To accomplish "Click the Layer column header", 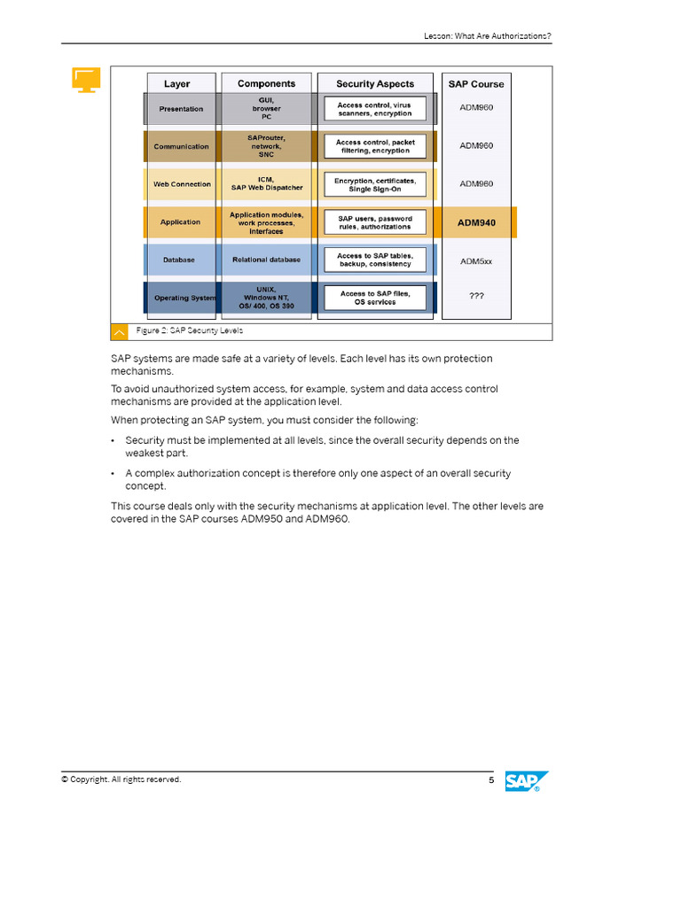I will click(x=177, y=84).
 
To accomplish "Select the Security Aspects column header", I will click(x=375, y=84).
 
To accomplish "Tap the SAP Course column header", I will click(x=476, y=84).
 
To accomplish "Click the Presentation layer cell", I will click(x=181, y=109).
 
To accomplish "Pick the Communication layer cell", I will click(x=181, y=147).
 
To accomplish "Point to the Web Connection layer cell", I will click(x=181, y=184).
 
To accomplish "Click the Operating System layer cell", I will click(x=183, y=298).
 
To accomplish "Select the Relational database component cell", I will click(x=267, y=260).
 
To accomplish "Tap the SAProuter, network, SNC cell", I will click(x=267, y=146).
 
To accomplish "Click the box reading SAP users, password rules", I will click(x=375, y=221).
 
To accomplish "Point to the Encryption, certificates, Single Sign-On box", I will click(x=375, y=184).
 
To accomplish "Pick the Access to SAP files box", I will click(x=375, y=298).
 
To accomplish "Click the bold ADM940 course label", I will click(x=476, y=222).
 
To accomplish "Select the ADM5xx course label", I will click(x=476, y=260).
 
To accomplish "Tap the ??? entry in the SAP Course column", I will click(x=476, y=297).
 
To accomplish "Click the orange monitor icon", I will click(x=86, y=80).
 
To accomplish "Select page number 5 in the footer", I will click(x=491, y=779).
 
